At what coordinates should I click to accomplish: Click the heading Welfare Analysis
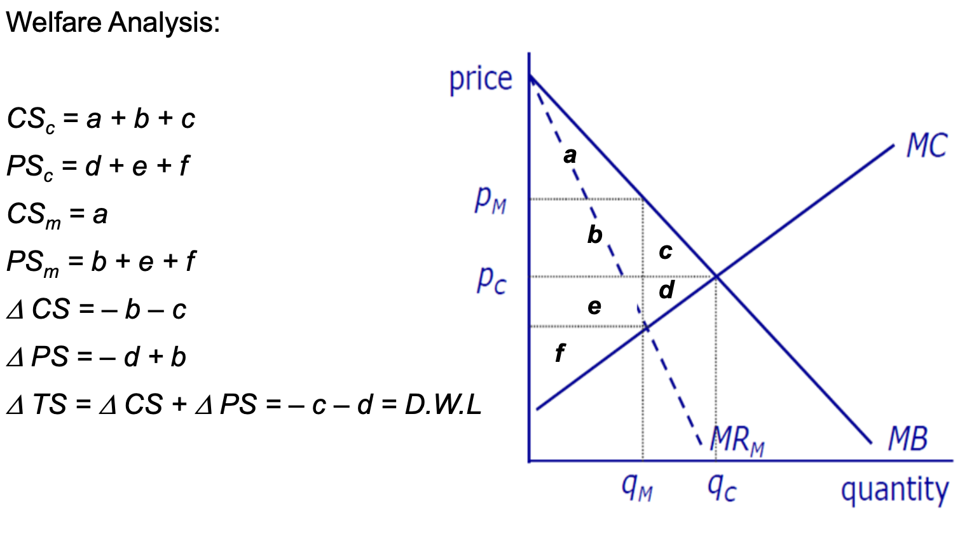coord(113,23)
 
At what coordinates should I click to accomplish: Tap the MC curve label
coord(926,146)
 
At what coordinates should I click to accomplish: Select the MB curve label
coord(907,439)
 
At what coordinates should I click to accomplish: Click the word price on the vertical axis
coord(481,79)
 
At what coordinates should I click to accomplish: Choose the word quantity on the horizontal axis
coord(895,491)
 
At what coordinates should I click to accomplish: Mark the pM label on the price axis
coord(490,200)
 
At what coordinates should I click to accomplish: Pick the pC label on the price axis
coord(491,279)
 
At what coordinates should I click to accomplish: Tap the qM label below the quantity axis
coord(637,488)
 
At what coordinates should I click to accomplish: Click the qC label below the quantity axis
coord(722,488)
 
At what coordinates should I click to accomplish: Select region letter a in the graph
coord(570,155)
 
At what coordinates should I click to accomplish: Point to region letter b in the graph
coord(594,235)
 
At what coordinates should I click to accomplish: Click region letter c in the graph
coord(666,251)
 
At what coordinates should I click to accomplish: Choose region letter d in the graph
coord(666,290)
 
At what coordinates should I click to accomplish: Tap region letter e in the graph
coord(594,307)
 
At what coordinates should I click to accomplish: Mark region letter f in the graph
coord(559,352)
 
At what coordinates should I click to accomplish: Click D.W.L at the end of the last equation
coord(442,404)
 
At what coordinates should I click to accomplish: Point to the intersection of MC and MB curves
coord(717,276)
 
